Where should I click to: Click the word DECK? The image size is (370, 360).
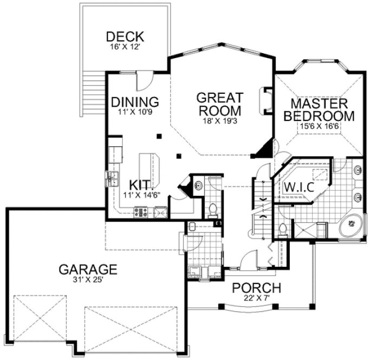point(125,37)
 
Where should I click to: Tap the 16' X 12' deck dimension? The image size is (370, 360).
point(125,47)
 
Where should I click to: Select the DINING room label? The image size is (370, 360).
point(135,102)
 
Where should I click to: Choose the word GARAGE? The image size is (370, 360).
point(88,268)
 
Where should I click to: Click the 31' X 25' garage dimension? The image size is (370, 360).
point(88,280)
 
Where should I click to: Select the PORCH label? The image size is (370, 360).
point(256,288)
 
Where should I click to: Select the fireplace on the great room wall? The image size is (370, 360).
point(266,101)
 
